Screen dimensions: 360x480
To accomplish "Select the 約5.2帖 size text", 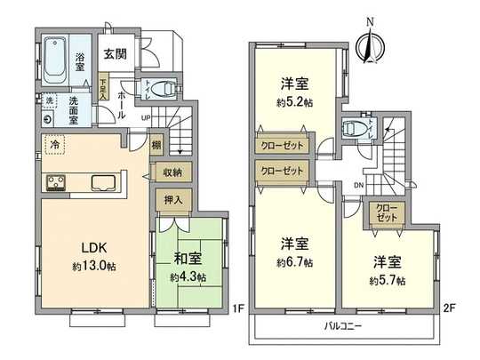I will (x=295, y=101).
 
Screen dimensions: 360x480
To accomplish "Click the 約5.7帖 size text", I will (x=388, y=280).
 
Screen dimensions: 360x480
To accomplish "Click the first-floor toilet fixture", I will (x=163, y=88).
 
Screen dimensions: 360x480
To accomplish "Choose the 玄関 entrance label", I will (x=114, y=54).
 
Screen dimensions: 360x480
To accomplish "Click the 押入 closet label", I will (x=172, y=199).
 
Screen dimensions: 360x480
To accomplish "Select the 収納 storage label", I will (x=172, y=172).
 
